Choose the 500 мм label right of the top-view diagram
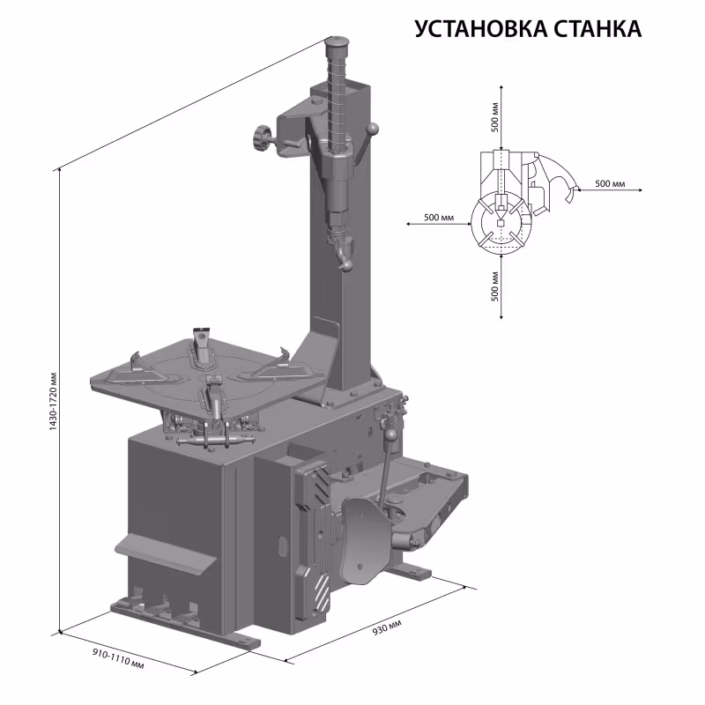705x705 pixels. (x=610, y=183)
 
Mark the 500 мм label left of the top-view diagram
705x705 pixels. (x=439, y=217)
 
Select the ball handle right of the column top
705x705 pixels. (x=374, y=130)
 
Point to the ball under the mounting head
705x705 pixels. (x=347, y=263)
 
